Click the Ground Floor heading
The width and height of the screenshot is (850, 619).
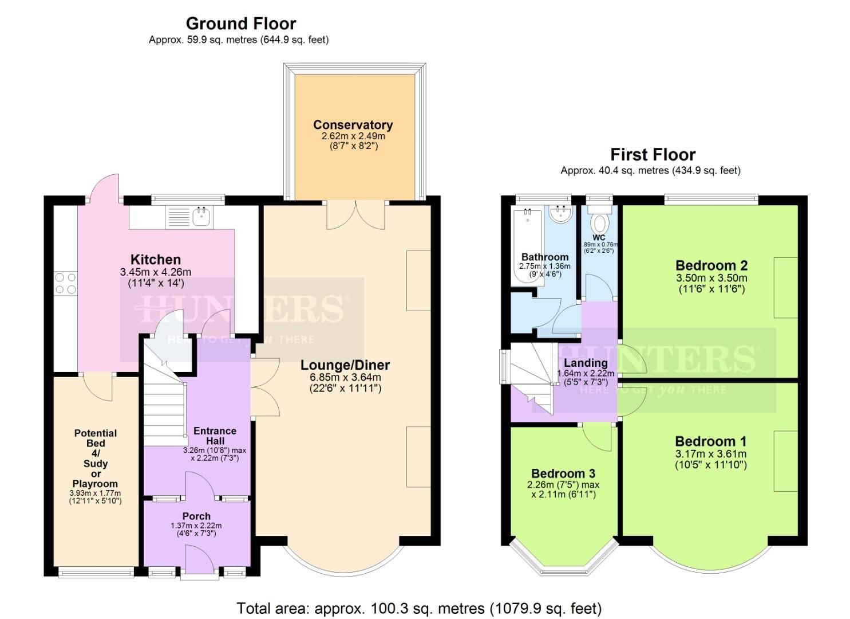tap(240, 23)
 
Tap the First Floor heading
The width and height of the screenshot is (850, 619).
tap(653, 155)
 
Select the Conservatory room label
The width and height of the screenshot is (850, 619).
tap(353, 125)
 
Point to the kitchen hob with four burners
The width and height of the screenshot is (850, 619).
tap(65, 283)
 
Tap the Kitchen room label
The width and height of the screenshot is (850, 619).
tap(155, 260)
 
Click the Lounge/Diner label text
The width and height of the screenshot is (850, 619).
tap(345, 365)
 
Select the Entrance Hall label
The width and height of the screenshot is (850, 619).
tap(215, 436)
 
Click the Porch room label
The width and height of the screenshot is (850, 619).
tap(196, 516)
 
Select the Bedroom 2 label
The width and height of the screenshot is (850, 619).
tap(711, 265)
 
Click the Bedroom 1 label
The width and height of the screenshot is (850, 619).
tap(710, 441)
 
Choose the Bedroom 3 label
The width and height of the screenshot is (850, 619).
tap(563, 473)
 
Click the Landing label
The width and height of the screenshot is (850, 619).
tap(586, 363)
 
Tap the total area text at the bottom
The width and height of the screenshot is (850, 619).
tap(419, 608)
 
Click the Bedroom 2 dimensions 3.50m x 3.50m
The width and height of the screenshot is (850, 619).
tap(711, 278)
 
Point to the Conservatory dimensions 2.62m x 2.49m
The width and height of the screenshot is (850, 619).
tap(353, 136)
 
